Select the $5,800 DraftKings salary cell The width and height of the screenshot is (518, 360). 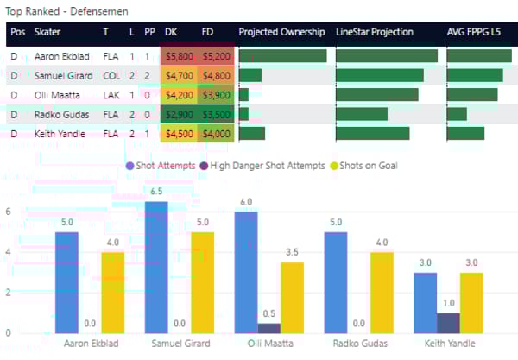(x=179, y=55)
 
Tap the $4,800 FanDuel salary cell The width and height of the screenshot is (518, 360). (x=216, y=75)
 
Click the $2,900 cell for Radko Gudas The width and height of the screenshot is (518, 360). (x=179, y=114)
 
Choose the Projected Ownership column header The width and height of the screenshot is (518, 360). (x=281, y=32)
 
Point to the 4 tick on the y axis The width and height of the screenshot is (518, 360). (x=8, y=252)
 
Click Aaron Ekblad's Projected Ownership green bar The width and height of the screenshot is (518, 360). (x=282, y=55)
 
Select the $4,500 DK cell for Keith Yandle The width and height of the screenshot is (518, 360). (x=179, y=134)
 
